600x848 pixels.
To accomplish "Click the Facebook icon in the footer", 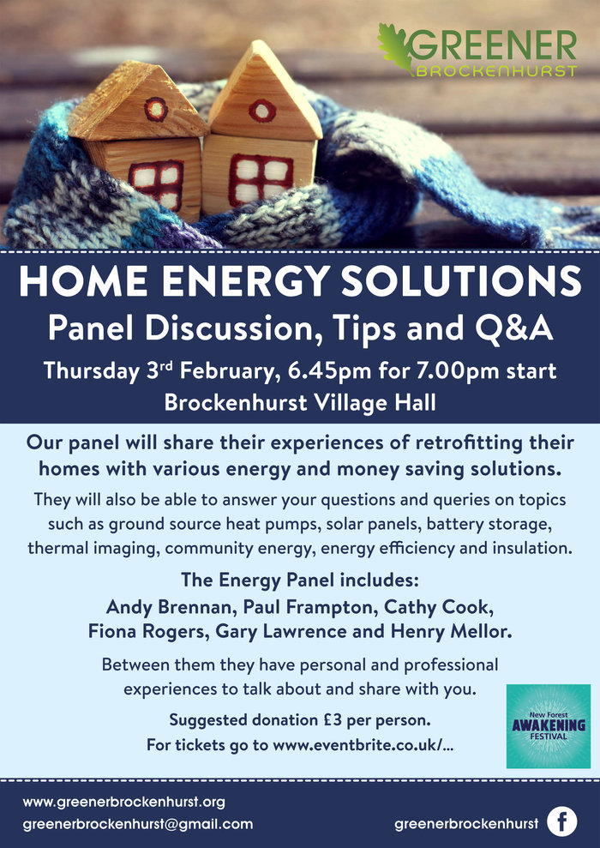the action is click(x=561, y=821).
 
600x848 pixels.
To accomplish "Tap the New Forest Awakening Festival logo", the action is click(x=548, y=725).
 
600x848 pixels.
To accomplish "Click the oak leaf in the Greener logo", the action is click(x=396, y=48).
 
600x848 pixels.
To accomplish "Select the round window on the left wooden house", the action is click(x=156, y=109).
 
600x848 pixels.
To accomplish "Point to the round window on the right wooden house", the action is click(x=262, y=111).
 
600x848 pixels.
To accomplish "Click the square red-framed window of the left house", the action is click(x=156, y=183).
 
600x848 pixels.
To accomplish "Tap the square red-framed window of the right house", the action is click(x=261, y=180).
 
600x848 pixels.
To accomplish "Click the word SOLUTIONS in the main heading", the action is click(x=461, y=281).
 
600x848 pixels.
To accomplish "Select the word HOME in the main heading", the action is click(x=83, y=281).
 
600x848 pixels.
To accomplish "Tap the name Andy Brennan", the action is click(x=170, y=607).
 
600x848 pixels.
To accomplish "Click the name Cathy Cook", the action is click(x=437, y=607).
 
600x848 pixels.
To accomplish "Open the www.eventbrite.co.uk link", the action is click(x=363, y=745).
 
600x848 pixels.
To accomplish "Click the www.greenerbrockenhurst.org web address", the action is click(x=123, y=802).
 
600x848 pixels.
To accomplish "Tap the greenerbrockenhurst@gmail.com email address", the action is click(x=138, y=824).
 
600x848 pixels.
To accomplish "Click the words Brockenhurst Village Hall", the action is click(x=300, y=402).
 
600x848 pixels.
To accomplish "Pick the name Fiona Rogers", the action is click(x=148, y=631).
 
